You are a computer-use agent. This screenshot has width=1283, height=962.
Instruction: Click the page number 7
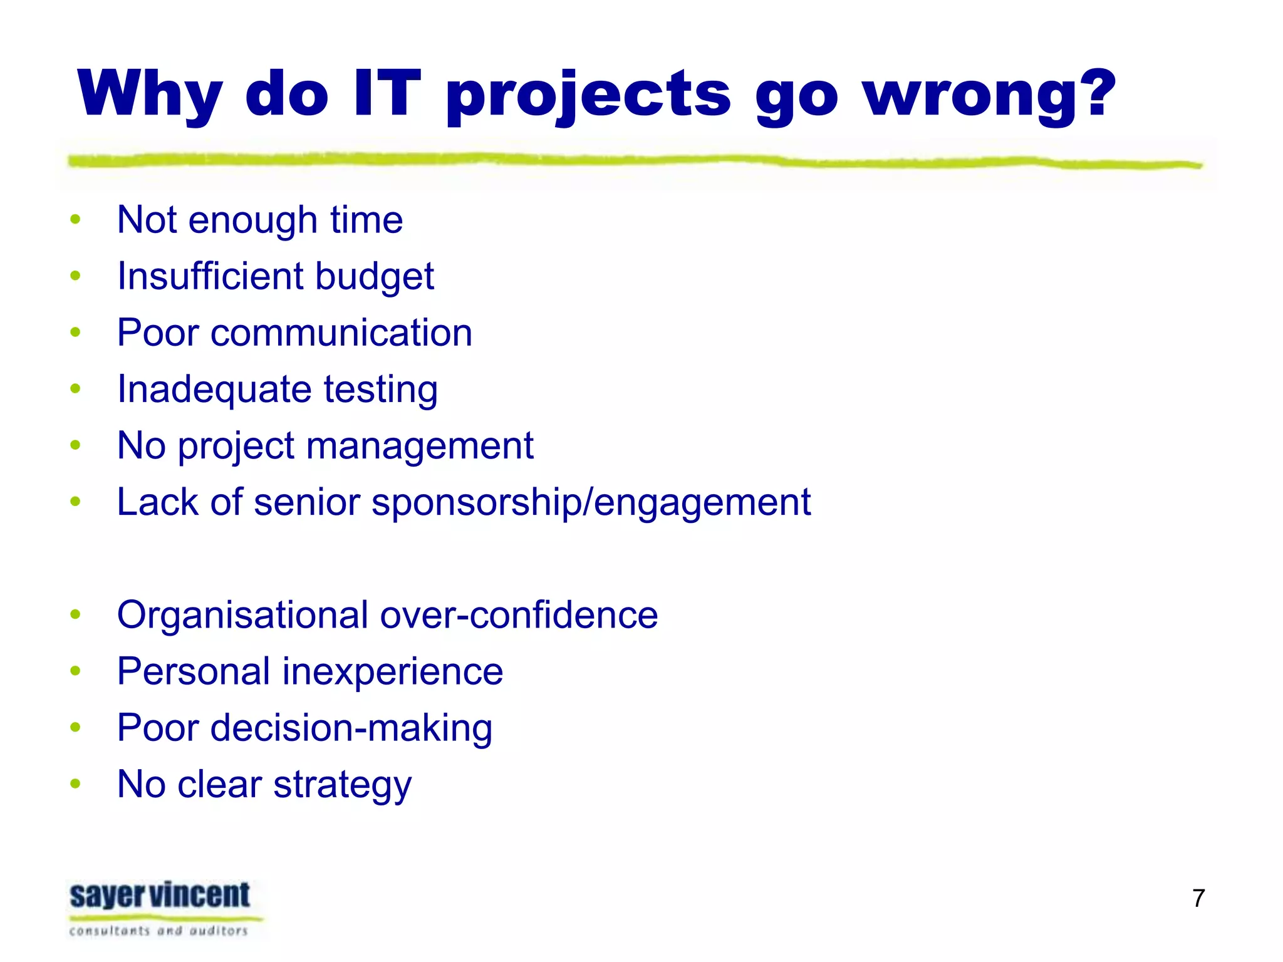click(1198, 898)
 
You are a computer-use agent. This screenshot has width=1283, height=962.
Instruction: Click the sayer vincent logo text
click(160, 896)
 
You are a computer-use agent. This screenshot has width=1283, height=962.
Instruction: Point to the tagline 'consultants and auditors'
click(158, 931)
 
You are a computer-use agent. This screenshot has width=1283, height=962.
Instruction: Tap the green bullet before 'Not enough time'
click(76, 220)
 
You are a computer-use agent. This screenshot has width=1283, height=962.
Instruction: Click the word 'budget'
click(374, 277)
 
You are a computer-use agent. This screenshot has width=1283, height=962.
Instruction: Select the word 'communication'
click(341, 333)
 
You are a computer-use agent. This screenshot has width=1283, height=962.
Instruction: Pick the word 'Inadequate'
click(214, 390)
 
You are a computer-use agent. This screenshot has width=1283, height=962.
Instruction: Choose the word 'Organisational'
click(242, 615)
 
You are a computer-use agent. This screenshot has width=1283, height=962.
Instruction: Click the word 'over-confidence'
click(519, 615)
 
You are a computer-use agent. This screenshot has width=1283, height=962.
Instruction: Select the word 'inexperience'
click(392, 671)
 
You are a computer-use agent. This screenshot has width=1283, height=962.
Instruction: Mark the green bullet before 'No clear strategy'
click(76, 784)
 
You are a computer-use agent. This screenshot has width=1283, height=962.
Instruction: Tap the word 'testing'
click(380, 390)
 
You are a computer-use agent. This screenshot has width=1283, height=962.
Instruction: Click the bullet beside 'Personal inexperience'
click(76, 671)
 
